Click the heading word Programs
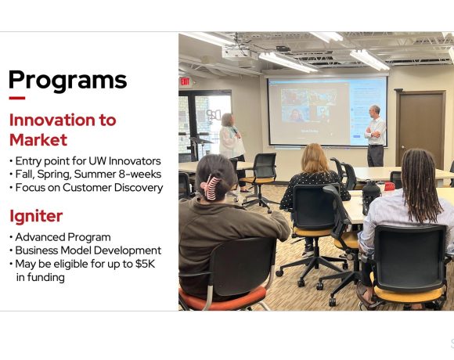click(x=67, y=80)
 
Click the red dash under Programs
click(x=16, y=99)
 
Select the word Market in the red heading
click(x=38, y=139)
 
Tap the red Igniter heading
click(x=36, y=214)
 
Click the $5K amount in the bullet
click(x=142, y=264)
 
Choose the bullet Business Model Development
click(x=88, y=250)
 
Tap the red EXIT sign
click(x=185, y=81)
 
